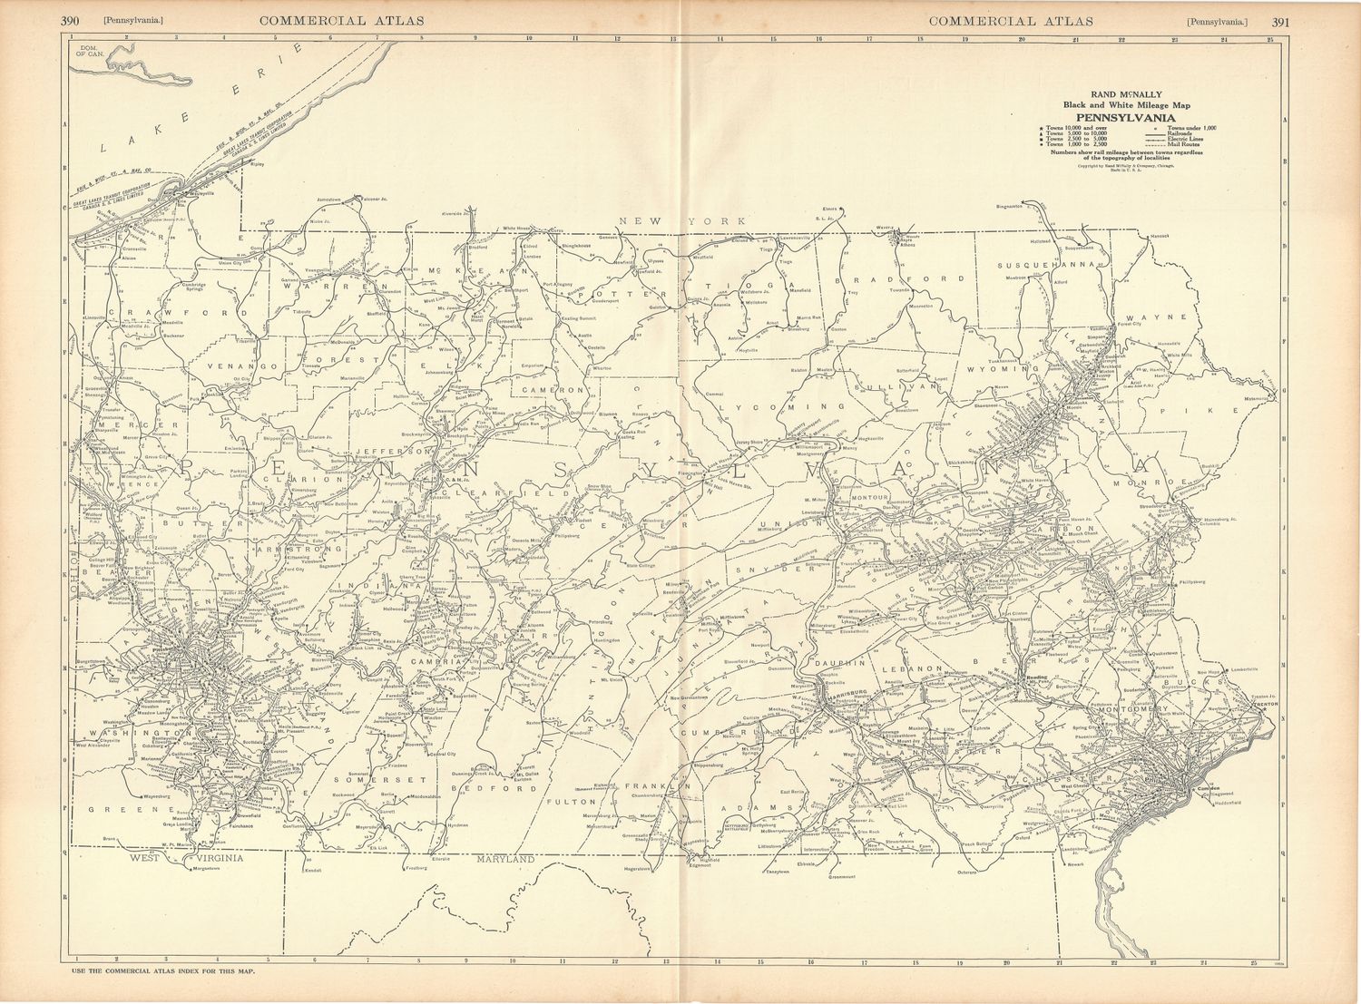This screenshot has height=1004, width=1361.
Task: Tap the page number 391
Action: click(x=1281, y=21)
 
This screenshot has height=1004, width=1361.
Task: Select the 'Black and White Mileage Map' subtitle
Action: click(x=1124, y=106)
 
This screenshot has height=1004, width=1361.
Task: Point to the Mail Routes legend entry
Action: click(x=1184, y=144)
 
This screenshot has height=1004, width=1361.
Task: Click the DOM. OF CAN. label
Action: click(x=92, y=51)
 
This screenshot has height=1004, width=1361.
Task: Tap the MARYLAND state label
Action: click(x=507, y=858)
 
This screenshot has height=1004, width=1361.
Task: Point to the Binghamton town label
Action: click(x=1008, y=206)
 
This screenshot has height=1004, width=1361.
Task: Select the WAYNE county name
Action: click(x=1170, y=317)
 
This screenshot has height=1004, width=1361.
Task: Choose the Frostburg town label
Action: click(x=416, y=868)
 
